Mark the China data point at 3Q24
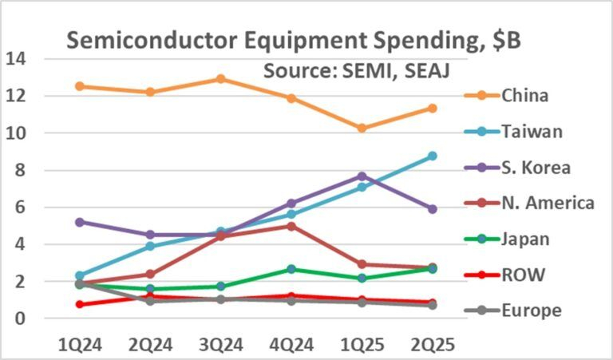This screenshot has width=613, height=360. click(220, 79)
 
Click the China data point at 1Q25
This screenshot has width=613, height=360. click(362, 128)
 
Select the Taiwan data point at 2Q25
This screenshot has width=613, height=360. click(432, 156)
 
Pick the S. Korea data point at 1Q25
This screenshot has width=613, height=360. click(362, 176)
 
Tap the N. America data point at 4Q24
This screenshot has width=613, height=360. click(291, 226)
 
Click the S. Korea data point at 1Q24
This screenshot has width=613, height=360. click(80, 222)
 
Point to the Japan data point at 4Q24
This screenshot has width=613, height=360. click(291, 269)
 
